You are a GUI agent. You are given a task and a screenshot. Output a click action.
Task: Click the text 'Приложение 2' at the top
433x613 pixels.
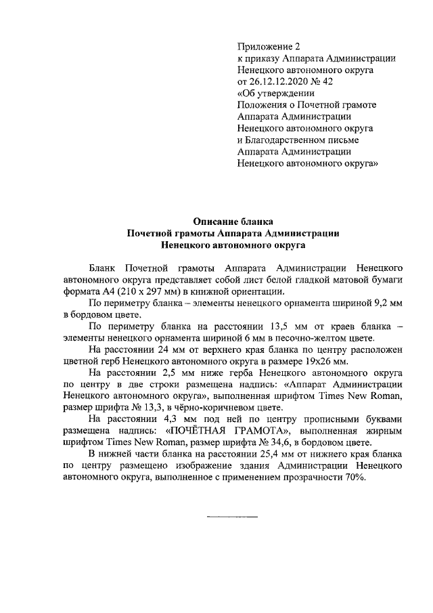click(x=268, y=47)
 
